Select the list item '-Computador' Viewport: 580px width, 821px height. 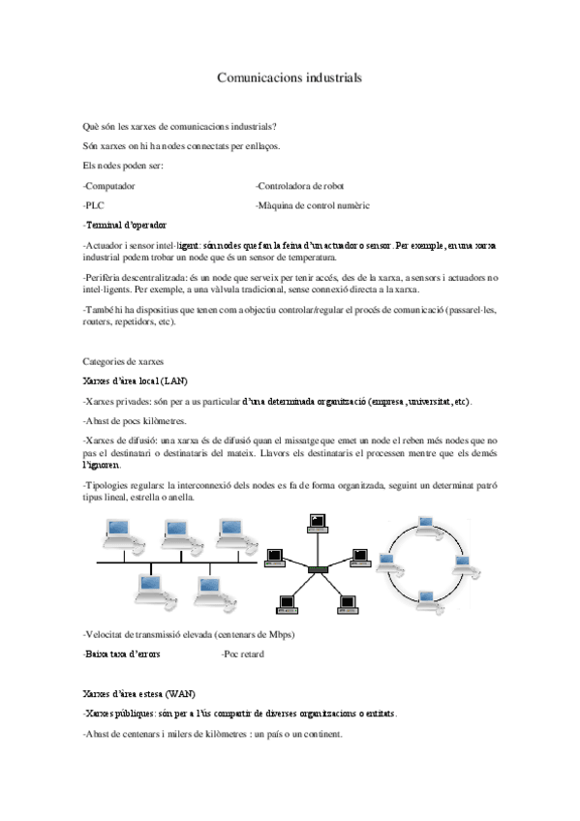point(109,186)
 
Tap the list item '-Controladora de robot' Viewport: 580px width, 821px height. point(299,186)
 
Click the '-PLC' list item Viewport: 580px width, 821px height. point(94,205)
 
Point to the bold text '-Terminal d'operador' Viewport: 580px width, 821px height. point(125,225)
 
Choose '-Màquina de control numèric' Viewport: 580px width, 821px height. point(312,205)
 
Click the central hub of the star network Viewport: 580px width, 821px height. point(319,570)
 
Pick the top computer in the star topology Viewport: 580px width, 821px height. point(316,525)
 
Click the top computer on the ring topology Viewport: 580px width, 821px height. point(424,524)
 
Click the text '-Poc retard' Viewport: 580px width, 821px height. point(243,654)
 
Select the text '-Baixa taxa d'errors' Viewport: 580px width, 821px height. point(122,654)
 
